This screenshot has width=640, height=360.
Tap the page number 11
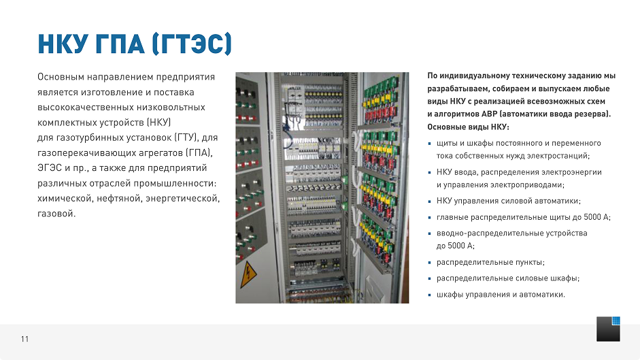[25, 340]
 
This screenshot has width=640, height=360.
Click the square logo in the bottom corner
[609, 329]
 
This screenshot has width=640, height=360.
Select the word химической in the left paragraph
[65, 199]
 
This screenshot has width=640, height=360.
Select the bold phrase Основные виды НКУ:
[468, 127]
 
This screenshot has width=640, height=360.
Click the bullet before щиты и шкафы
[429, 144]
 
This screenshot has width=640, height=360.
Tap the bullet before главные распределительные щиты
[429, 217]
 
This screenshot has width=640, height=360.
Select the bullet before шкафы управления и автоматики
[429, 295]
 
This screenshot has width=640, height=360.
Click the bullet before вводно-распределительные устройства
[429, 233]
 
